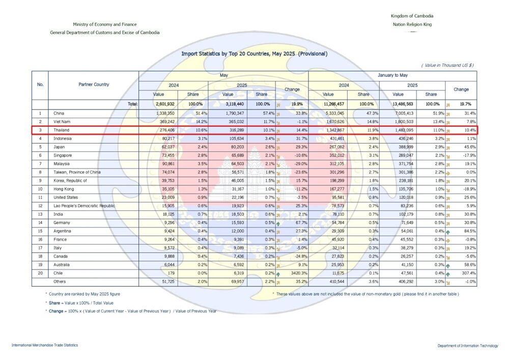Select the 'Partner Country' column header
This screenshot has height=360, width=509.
pos(94,85)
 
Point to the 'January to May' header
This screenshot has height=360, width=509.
pos(392,75)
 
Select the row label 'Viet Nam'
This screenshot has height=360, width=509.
pos(63,122)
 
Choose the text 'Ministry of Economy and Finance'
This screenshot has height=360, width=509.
pos(104,24)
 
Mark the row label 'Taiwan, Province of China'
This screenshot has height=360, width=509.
pos(77,173)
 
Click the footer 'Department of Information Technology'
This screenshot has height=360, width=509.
pos(467,346)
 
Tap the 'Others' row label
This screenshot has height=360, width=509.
pos(60,281)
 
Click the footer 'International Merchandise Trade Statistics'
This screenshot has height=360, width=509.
pos(45,346)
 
